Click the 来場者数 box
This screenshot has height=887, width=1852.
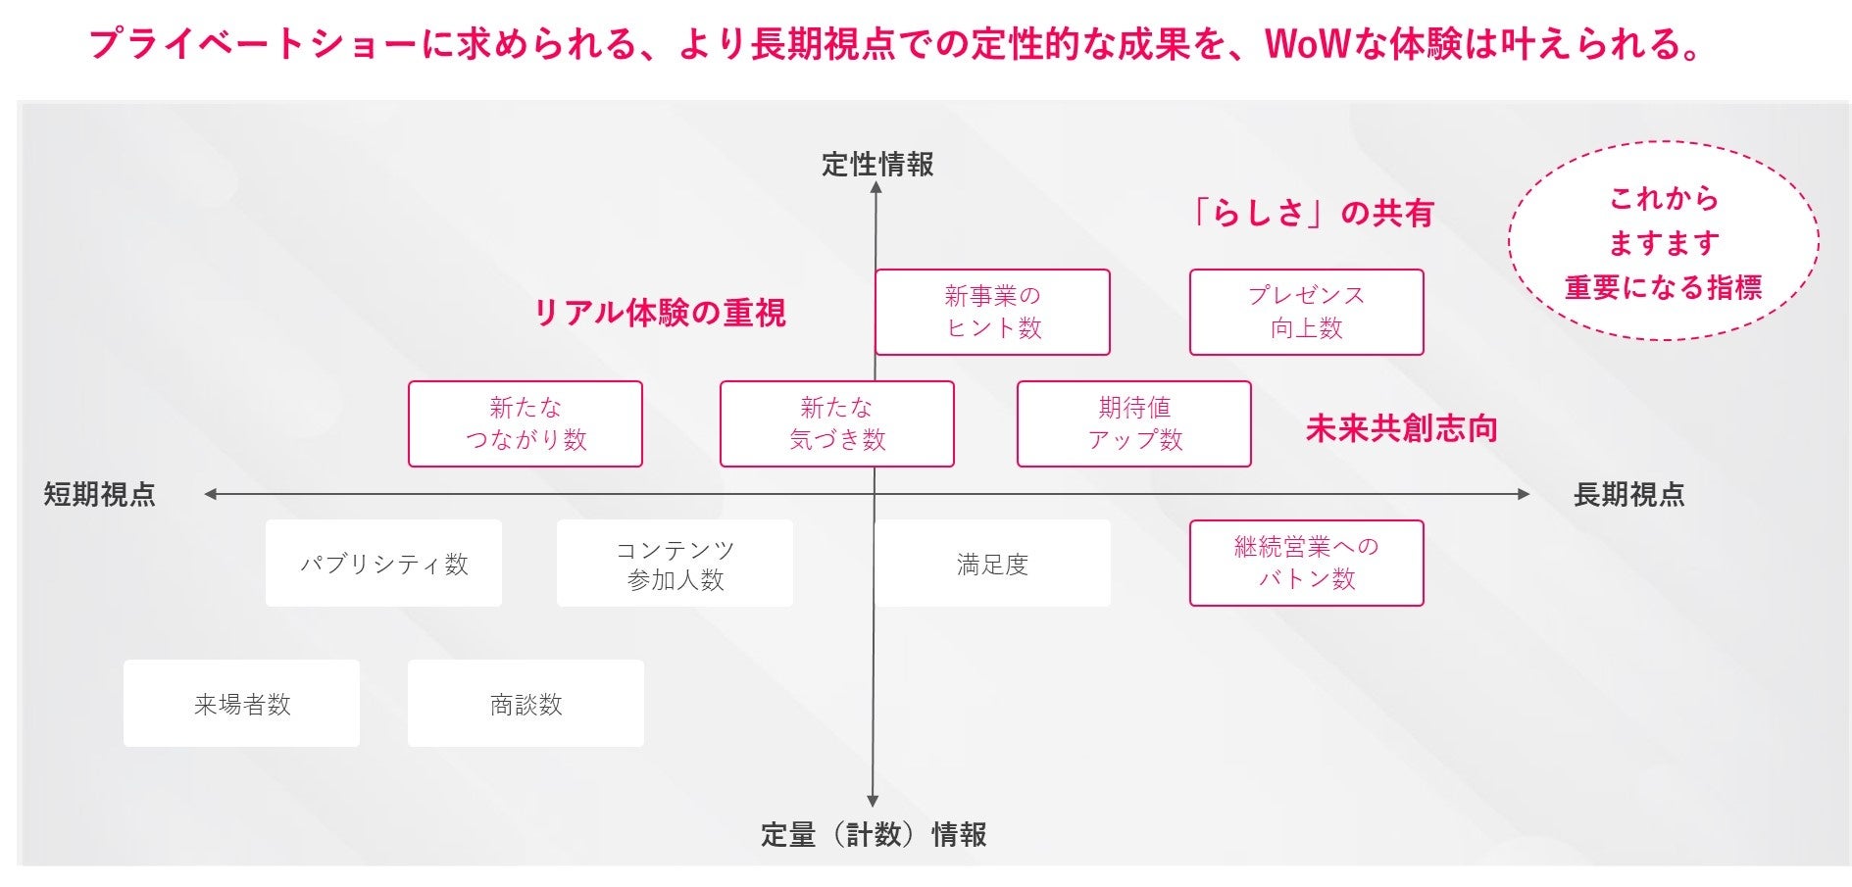tap(241, 703)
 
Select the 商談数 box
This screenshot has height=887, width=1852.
tap(526, 703)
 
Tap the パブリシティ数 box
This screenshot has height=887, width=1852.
tap(383, 564)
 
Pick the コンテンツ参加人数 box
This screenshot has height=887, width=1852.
tap(675, 564)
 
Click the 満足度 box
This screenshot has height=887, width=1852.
tap(992, 564)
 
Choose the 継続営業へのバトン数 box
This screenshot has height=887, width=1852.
tap(1306, 563)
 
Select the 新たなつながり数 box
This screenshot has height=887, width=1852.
tap(526, 423)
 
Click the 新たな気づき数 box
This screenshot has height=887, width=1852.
tap(836, 423)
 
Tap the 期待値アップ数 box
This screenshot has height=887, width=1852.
tap(1134, 423)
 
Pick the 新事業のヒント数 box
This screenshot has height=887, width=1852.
tap(992, 312)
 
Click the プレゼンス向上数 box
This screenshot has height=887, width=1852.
tap(1306, 312)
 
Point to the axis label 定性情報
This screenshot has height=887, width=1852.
tap(877, 165)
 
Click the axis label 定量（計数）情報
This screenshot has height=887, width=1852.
tap(874, 834)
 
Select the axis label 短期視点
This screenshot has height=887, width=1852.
tap(100, 494)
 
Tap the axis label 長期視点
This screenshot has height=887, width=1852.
tap(1628, 494)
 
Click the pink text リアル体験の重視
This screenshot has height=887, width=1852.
tap(659, 313)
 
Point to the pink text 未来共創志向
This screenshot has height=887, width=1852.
tap(1401, 428)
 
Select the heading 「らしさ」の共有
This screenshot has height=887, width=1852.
tap(1311, 213)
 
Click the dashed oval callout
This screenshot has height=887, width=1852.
tap(1663, 242)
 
